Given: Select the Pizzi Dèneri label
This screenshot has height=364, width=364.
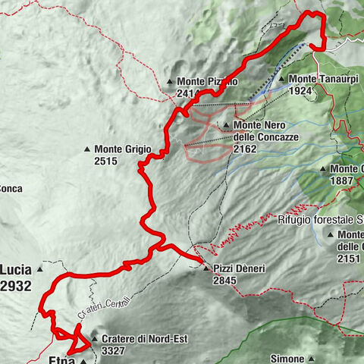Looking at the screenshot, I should (x=241, y=268).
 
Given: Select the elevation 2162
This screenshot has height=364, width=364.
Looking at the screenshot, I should (x=247, y=149).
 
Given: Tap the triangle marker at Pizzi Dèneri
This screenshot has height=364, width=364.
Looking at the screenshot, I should (x=206, y=268).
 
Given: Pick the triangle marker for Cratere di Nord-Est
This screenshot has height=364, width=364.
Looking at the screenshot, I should (x=94, y=339).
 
